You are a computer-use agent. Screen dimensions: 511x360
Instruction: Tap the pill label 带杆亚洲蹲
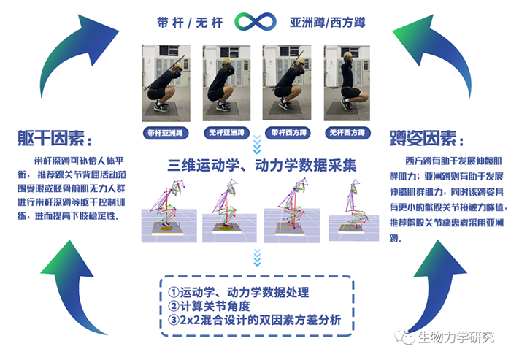(x=166, y=133)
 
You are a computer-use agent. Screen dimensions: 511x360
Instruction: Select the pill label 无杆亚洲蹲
(x=226, y=133)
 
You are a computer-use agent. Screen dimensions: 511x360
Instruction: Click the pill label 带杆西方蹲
(x=287, y=133)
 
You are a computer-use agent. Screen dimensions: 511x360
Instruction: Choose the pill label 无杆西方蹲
(x=347, y=133)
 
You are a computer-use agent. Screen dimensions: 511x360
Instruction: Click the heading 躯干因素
(x=54, y=139)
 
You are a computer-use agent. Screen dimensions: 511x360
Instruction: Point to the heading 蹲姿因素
(x=426, y=139)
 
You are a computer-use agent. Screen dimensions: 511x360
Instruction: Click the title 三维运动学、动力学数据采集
(x=262, y=165)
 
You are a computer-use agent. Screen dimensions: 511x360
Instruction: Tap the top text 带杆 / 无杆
(x=190, y=23)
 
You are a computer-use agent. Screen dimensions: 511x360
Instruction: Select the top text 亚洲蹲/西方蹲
(x=328, y=23)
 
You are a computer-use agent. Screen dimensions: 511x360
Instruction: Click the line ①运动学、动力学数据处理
(x=238, y=292)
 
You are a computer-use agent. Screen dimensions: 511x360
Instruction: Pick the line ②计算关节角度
(x=209, y=306)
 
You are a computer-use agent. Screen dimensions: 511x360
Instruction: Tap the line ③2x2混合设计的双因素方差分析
(x=254, y=321)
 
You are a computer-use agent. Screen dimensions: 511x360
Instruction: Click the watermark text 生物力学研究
(x=456, y=337)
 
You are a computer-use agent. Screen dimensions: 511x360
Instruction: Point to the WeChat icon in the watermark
(x=404, y=337)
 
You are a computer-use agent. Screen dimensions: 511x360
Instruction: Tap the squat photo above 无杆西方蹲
(x=347, y=83)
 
